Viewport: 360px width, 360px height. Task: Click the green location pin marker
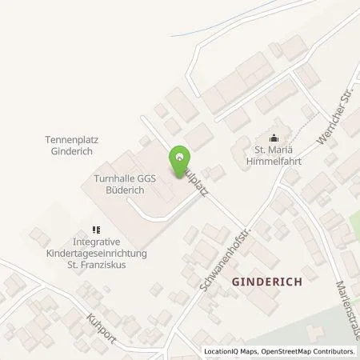(180, 156)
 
